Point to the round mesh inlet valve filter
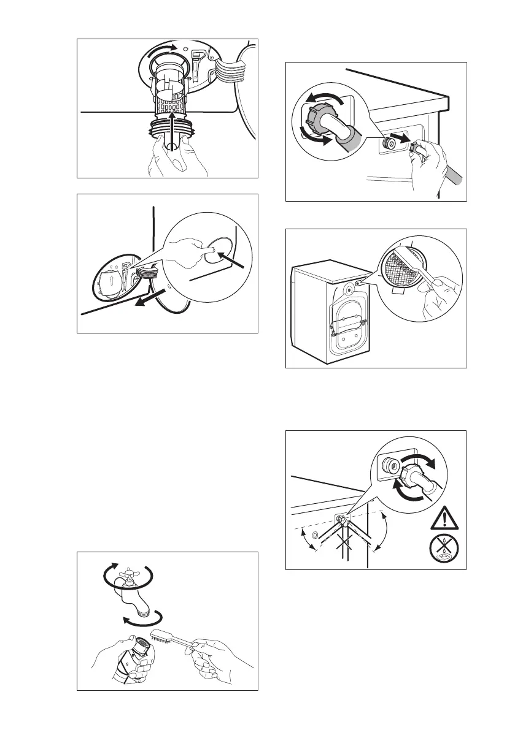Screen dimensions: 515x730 pos(403,272)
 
